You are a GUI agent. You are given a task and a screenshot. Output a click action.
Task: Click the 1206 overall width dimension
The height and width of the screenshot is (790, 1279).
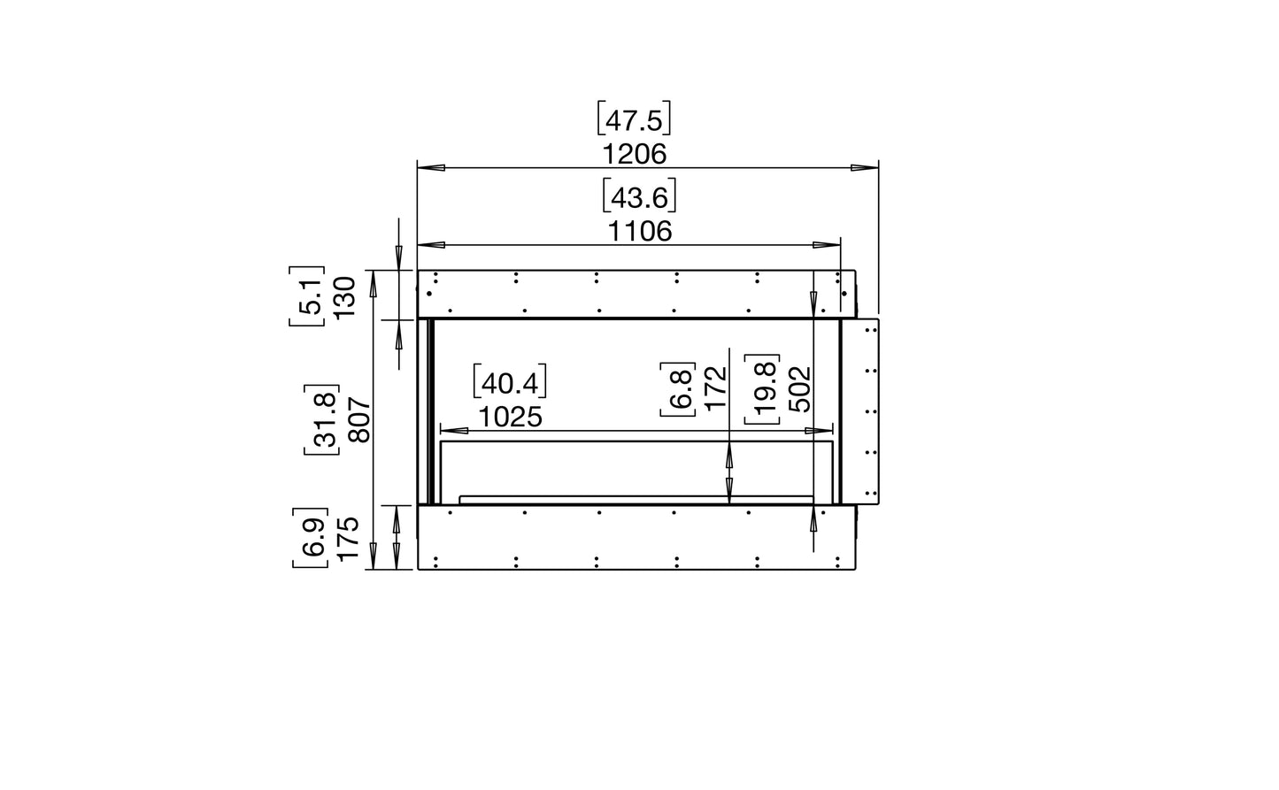tap(634, 154)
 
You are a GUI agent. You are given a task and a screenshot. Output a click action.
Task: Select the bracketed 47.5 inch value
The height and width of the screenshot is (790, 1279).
tap(634, 119)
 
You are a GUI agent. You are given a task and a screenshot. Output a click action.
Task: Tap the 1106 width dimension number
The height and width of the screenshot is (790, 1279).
tap(639, 232)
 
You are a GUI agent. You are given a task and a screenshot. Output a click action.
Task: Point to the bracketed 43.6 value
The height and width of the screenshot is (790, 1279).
tap(639, 196)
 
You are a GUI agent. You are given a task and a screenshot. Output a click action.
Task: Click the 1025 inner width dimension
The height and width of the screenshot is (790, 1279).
tap(510, 417)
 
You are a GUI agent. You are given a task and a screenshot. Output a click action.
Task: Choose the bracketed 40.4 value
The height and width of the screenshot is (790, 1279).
tap(510, 382)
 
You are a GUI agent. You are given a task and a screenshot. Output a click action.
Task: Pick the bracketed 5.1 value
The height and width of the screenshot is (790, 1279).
tap(307, 296)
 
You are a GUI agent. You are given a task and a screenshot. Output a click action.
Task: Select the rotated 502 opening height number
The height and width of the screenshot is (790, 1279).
tap(798, 389)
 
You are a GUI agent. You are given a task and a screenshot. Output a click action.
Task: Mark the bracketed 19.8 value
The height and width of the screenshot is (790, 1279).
tap(762, 389)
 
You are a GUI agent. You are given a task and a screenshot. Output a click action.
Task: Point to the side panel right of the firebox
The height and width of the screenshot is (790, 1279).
tap(859, 412)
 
